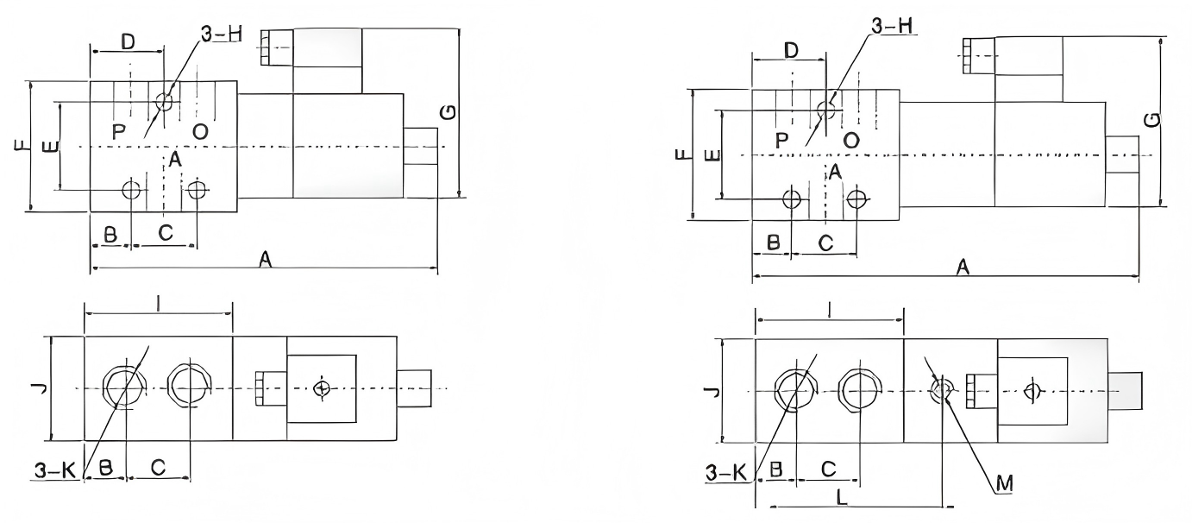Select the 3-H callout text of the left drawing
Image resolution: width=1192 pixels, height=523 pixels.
[x=221, y=35]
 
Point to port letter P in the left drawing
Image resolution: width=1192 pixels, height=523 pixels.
[x=120, y=131]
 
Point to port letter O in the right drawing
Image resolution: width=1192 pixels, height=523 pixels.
[x=850, y=139]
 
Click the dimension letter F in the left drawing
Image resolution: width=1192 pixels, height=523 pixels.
[x=19, y=148]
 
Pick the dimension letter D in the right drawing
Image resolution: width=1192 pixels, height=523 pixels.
[x=790, y=50]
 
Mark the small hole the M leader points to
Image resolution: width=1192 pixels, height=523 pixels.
[x=941, y=390]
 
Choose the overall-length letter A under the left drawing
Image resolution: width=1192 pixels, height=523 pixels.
[x=267, y=259]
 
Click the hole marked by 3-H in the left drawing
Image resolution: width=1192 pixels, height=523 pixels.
[x=164, y=103]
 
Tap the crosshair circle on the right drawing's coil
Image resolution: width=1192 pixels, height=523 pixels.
[x=1031, y=391]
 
